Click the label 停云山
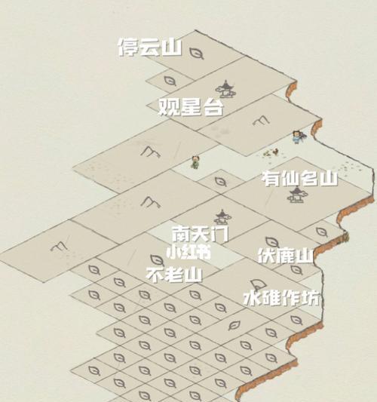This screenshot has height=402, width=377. click(150, 48)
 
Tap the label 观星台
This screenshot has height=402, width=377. click(191, 107)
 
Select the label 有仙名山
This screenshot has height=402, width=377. click(300, 179)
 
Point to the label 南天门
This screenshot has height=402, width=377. click(200, 234)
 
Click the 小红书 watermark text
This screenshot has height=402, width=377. click(188, 253)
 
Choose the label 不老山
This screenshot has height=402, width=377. click(174, 275)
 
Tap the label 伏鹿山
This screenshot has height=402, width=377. click(286, 256)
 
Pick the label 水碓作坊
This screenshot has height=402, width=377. click(281, 298)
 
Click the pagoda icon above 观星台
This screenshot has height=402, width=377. click(225, 90)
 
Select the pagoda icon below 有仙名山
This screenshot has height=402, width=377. click(297, 195)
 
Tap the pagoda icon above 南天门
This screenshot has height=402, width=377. click(222, 217)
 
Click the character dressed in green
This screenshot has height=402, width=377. click(195, 162)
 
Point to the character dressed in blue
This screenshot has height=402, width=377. click(298, 137)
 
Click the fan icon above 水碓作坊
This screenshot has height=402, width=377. click(258, 285)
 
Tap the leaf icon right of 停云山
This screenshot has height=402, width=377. click(197, 54)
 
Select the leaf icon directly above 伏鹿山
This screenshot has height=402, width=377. click(272, 242)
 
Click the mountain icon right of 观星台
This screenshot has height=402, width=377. click(261, 121)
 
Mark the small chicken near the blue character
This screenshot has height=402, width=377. click(275, 152)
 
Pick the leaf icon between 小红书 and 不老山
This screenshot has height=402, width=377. click(157, 260)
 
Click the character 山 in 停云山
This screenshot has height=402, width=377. click(172, 48)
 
